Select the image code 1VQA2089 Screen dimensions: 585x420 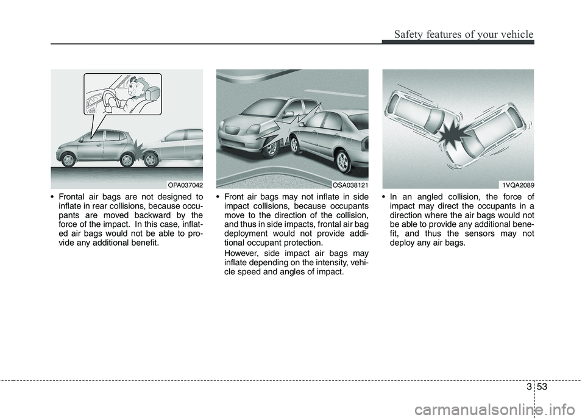click(x=517, y=185)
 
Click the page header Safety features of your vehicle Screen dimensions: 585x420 click(x=464, y=34)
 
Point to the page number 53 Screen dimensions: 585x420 click(x=543, y=386)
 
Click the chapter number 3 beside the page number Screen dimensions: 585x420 click(x=529, y=386)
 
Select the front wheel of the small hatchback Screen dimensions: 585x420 click(x=68, y=160)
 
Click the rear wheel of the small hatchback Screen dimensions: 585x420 click(x=127, y=160)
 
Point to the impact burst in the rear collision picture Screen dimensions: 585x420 click(x=139, y=150)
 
